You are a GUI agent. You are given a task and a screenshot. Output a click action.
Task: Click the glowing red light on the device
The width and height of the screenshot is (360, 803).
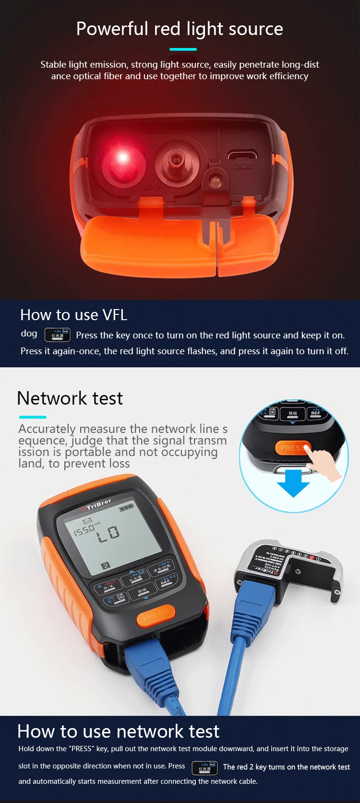[123, 157]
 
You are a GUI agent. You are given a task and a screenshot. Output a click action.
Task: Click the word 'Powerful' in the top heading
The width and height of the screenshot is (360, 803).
[112, 29]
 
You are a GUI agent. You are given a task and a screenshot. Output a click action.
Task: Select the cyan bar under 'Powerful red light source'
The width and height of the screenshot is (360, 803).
[183, 49]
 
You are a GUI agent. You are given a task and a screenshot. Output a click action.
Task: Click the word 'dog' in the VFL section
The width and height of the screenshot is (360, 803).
[29, 333]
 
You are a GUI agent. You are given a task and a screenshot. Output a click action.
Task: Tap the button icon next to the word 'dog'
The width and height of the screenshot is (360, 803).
[58, 335]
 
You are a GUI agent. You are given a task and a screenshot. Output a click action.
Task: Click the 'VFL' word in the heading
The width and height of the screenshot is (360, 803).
[115, 315]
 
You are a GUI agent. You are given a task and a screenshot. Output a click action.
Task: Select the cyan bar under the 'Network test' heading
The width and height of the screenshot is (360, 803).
[32, 417]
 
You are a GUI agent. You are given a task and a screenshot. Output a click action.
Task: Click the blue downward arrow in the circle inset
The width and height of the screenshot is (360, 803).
[293, 482]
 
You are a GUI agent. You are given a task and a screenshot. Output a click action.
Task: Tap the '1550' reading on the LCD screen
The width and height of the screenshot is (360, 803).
[84, 529]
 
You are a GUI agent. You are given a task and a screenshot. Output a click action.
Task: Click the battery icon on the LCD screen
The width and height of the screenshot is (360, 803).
[126, 507]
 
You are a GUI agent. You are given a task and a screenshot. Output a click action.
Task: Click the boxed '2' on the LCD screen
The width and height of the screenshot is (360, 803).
[106, 565]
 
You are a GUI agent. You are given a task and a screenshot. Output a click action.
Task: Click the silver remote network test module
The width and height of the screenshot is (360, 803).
[288, 566]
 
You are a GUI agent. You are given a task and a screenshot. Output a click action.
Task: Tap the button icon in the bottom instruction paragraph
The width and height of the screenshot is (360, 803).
[204, 767]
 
